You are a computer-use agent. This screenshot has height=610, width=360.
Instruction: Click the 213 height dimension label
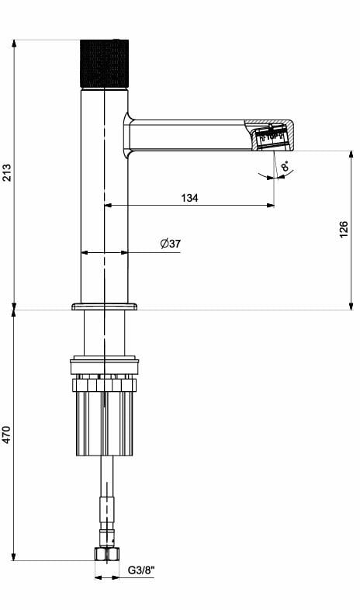click(x=7, y=172)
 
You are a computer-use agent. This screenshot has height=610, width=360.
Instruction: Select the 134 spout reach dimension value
click(x=189, y=198)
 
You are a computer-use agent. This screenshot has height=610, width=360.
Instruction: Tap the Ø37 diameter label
click(x=171, y=244)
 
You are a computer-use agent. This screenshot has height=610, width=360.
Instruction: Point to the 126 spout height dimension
click(x=344, y=230)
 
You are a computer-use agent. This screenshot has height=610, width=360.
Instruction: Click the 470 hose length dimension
click(x=7, y=435)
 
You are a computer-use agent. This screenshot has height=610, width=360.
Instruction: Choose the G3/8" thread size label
click(x=141, y=571)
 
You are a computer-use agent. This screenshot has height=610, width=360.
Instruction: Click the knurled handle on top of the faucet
click(x=105, y=64)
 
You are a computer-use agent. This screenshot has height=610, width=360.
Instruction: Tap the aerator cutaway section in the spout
click(x=272, y=137)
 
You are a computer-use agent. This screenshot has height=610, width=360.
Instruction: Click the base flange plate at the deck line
click(x=104, y=307)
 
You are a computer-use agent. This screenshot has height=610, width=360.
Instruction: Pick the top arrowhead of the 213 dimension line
click(x=15, y=43)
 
